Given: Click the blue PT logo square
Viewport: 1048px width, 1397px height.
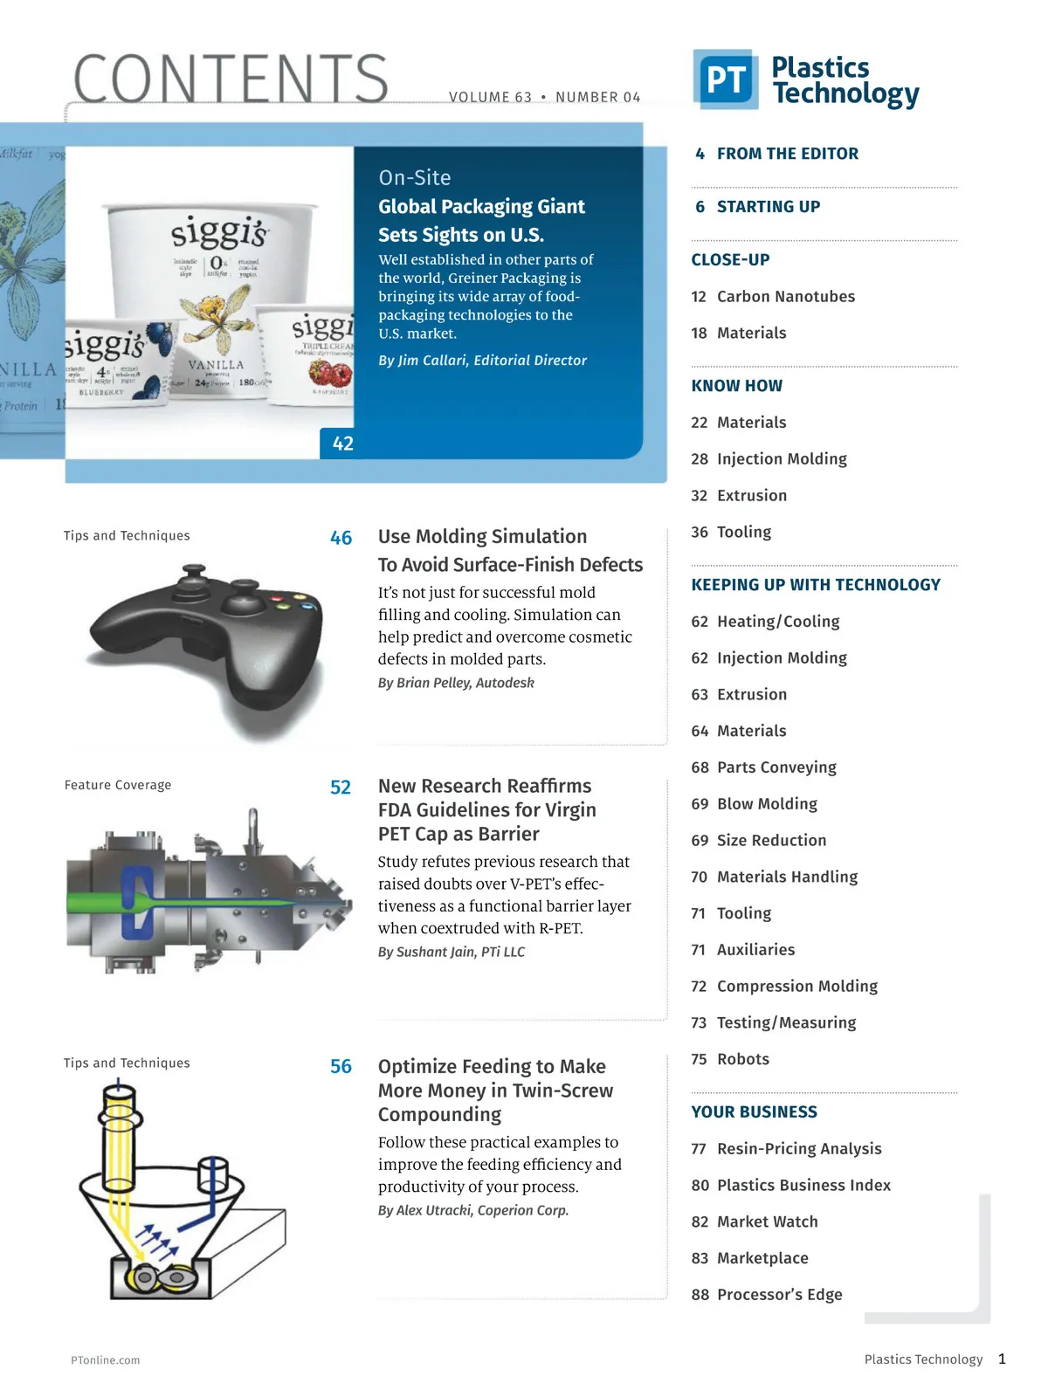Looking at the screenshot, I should pyautogui.click(x=725, y=79).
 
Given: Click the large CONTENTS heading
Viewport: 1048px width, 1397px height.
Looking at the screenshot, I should pyautogui.click(x=231, y=79).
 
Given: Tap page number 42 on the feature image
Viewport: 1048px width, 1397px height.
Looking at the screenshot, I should pyautogui.click(x=343, y=444).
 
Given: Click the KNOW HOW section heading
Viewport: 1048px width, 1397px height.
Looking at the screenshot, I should pyautogui.click(x=736, y=386).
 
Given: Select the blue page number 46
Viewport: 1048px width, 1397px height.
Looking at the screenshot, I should pyautogui.click(x=341, y=539).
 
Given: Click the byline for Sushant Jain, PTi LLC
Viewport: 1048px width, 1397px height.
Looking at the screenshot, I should pyautogui.click(x=451, y=953).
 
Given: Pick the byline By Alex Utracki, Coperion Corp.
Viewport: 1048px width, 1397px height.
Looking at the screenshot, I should pyautogui.click(x=472, y=1211).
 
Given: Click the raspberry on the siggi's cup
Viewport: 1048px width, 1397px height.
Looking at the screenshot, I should pyautogui.click(x=330, y=375).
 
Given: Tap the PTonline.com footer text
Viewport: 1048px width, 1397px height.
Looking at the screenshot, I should pyautogui.click(x=105, y=1360).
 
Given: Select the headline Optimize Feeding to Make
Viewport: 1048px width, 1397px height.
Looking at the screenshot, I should pyautogui.click(x=492, y=1067).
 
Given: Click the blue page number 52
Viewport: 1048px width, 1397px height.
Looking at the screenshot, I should pyautogui.click(x=341, y=788).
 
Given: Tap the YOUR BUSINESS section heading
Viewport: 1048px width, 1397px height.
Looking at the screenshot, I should pyautogui.click(x=754, y=1112).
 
